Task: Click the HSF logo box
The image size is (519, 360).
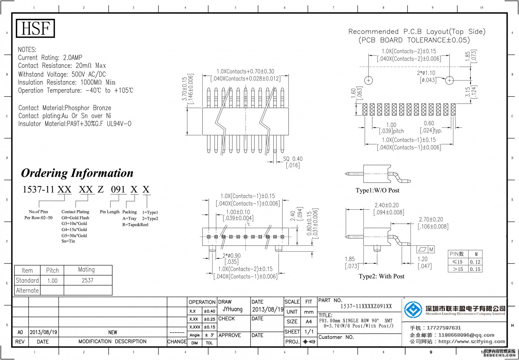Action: pos(35,28)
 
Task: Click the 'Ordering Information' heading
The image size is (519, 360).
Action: pos(77,173)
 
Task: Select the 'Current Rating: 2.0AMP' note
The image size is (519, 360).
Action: pos(50,58)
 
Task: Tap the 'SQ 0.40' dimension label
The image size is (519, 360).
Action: pos(293,159)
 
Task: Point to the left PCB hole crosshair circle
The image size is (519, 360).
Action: pos(369,80)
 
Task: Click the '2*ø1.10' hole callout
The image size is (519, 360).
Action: pos(426,73)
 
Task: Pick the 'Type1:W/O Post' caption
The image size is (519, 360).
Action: pos(377,191)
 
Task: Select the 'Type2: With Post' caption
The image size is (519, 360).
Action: pos(381,276)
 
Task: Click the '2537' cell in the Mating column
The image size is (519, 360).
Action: pos(88,280)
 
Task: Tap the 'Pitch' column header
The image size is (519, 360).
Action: pos(52,270)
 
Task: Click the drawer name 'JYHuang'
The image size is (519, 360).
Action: pos(232,309)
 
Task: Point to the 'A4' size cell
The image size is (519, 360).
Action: pos(308,321)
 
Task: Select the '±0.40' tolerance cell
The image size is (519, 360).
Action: pos(209,311)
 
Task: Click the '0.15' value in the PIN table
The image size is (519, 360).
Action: pos(475,269)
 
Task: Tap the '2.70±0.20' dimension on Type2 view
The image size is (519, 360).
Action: pos(431,219)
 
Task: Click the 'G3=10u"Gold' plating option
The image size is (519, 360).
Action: pos(74,223)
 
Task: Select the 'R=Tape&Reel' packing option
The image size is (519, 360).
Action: pos(135,225)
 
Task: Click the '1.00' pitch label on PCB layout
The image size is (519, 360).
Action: pos(391,125)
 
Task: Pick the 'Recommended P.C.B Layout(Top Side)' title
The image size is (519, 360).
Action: pos(416,31)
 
